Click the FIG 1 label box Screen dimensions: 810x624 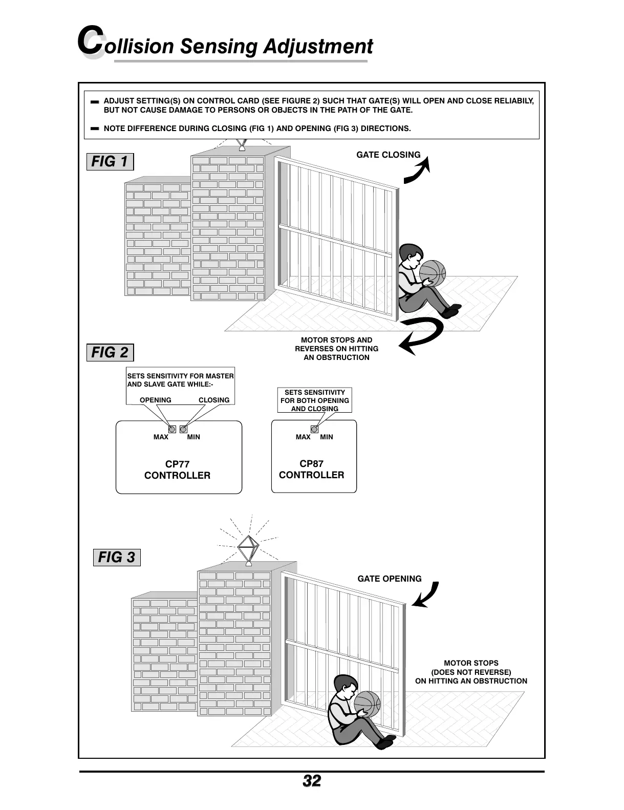[110, 162]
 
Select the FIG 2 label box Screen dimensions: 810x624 [110, 353]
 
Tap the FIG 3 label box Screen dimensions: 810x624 [117, 557]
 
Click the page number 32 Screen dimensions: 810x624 [312, 781]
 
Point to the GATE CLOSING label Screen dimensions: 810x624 [388, 155]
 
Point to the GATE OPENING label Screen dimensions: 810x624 [389, 579]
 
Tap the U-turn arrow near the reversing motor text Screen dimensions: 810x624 [421, 335]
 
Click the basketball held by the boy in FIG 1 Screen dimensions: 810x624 [433, 272]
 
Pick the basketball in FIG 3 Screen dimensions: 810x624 [367, 704]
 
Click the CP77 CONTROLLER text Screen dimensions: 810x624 [178, 470]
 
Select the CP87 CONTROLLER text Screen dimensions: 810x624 [311, 470]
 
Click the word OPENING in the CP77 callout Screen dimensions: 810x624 [156, 400]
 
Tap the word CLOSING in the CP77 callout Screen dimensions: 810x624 [214, 400]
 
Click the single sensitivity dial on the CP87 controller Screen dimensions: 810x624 [315, 430]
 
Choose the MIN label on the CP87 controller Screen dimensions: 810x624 [326, 437]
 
